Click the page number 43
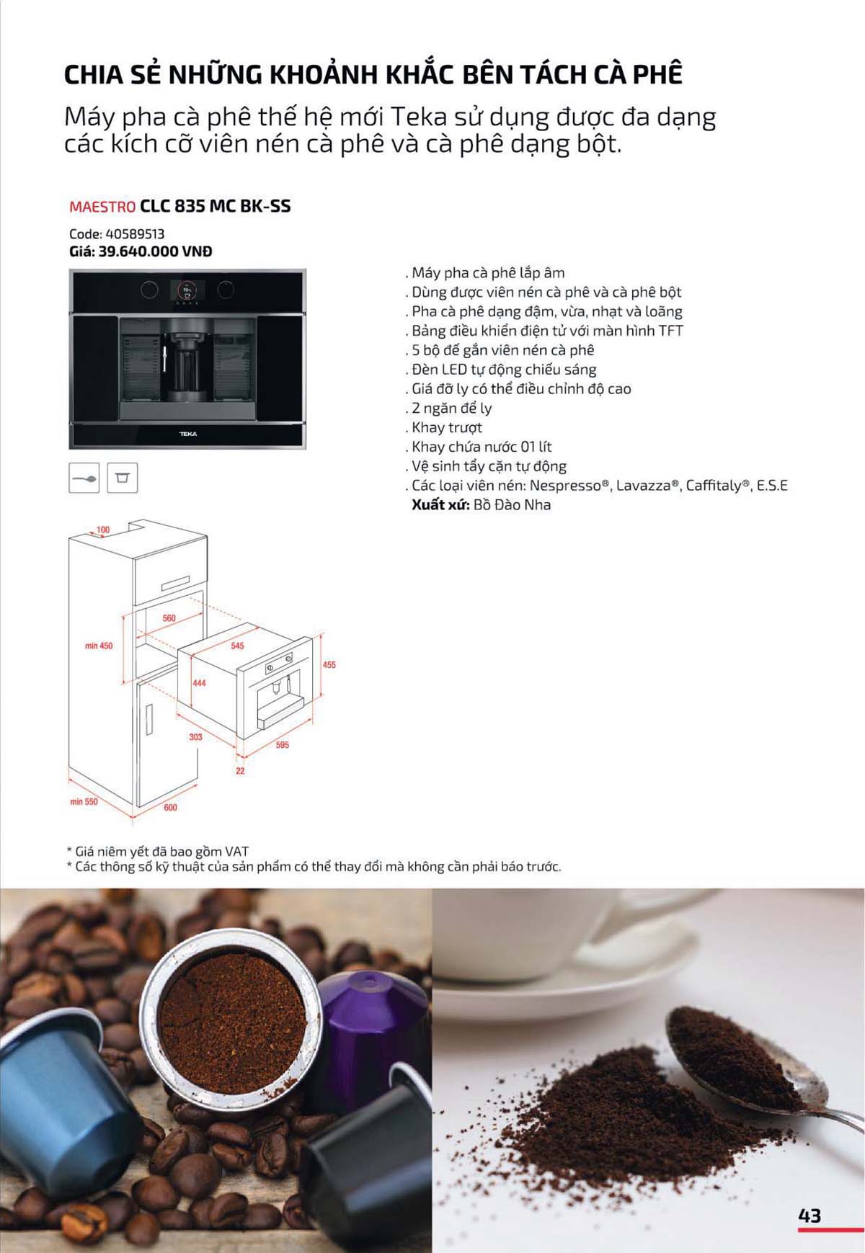[x=809, y=1216]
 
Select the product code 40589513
[x=135, y=234]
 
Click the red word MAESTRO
[x=102, y=207]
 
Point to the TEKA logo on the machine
[x=187, y=434]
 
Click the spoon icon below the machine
[x=84, y=478]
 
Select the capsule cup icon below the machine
[x=122, y=478]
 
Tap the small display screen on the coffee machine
[x=187, y=290]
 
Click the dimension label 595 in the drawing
[x=282, y=745]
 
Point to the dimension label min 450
[x=99, y=646]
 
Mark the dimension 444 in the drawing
[x=199, y=683]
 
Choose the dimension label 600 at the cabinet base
[x=170, y=808]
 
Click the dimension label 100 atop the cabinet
[x=103, y=530]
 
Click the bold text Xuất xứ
[x=440, y=505]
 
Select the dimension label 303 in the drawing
[x=196, y=737]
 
